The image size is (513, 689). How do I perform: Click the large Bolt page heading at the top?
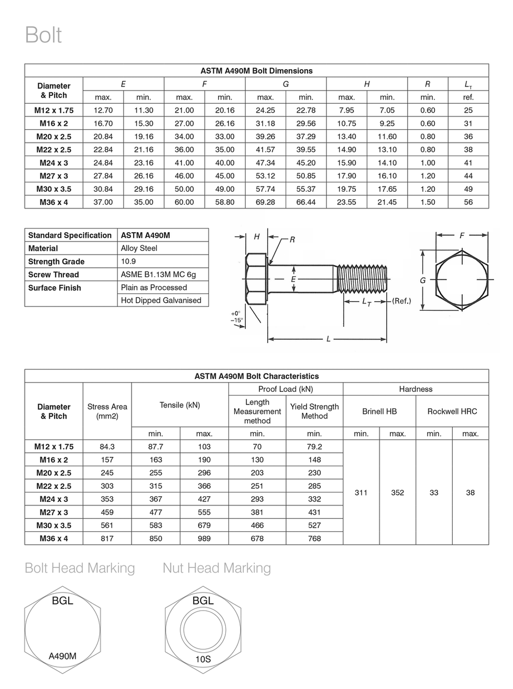[43, 35]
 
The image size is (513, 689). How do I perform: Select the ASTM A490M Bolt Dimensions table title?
[256, 71]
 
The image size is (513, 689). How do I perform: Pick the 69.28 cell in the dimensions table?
[265, 202]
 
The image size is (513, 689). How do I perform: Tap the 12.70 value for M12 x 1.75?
[103, 111]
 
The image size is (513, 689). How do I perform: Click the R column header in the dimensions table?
[428, 84]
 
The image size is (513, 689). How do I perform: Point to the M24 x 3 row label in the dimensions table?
[54, 163]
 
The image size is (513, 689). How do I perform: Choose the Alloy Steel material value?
[139, 248]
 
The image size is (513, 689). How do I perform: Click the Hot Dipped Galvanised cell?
[161, 300]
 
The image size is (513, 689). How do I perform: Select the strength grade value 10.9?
[128, 261]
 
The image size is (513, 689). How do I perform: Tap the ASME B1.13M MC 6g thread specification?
[158, 275]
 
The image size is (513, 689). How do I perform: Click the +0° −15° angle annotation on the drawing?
[237, 317]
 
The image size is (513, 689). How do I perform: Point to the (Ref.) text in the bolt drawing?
[401, 301]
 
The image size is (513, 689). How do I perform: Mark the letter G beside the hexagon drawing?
[422, 280]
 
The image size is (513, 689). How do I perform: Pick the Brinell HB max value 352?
[397, 493]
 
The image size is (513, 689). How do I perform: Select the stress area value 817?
[107, 539]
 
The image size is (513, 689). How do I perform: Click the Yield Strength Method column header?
[314, 411]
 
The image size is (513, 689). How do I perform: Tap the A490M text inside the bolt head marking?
[62, 656]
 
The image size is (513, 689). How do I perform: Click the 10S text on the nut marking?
[203, 659]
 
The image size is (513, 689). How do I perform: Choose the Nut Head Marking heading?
[217, 568]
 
